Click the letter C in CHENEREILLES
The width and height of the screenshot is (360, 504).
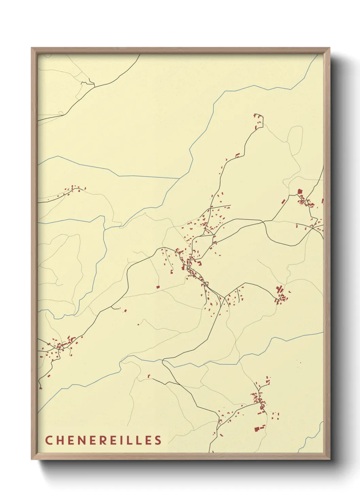(49, 440)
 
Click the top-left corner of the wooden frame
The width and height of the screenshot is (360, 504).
(32, 48)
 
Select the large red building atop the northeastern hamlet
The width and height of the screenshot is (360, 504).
(300, 192)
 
